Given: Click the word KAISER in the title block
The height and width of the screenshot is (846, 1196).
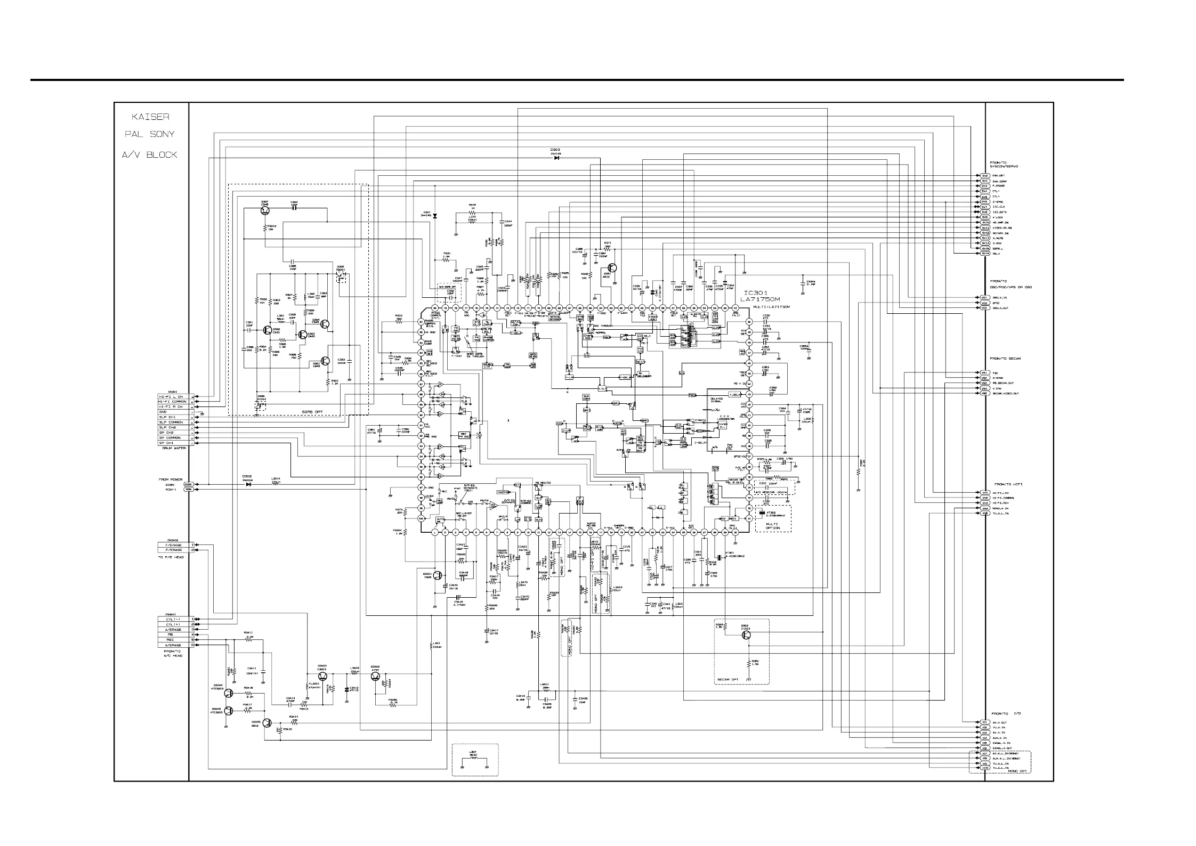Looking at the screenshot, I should click(x=151, y=117).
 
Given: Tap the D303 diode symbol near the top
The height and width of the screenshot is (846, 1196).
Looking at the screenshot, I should click(x=556, y=158).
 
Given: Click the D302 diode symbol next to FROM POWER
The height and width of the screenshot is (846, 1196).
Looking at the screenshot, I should click(x=248, y=484).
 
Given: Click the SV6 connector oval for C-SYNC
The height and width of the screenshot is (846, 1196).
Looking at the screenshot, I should click(x=985, y=202).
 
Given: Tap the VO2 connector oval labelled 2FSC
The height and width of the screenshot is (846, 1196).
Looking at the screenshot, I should click(x=984, y=303).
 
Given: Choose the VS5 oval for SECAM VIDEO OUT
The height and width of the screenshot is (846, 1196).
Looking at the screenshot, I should click(x=984, y=393).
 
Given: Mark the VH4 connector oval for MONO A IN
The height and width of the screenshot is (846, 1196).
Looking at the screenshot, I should click(x=985, y=508).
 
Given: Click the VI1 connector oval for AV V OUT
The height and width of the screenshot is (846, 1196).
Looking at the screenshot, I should click(x=984, y=722).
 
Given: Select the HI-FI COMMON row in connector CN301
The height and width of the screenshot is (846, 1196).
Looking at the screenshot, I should click(x=172, y=402).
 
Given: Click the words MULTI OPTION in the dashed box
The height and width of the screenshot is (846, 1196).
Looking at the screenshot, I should click(x=773, y=526).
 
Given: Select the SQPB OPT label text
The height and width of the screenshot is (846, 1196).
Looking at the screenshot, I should click(x=312, y=412).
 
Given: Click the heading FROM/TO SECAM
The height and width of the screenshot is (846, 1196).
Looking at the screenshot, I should click(x=1004, y=359).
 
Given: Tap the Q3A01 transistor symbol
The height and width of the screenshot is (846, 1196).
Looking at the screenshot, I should click(x=437, y=575).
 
